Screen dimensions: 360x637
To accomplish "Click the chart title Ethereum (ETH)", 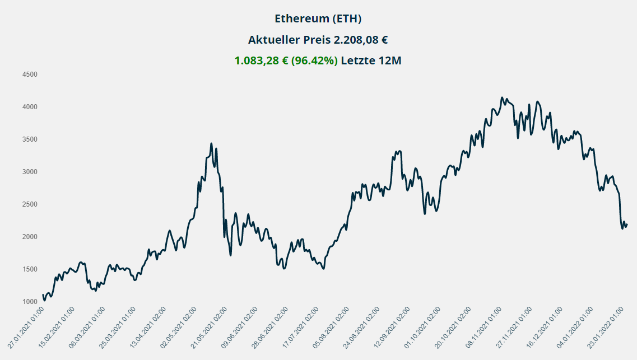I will coord(318,18).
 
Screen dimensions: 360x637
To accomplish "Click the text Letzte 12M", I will coord(371,60).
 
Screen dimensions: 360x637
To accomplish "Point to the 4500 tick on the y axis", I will coord(30,74).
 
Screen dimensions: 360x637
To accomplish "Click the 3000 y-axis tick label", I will coord(30,172).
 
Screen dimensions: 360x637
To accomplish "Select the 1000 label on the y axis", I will coord(30,302).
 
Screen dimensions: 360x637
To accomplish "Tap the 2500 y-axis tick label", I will coord(30,204).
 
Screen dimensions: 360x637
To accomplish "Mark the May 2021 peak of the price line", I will coord(211,143).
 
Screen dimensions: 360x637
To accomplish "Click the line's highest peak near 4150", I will coord(502,97).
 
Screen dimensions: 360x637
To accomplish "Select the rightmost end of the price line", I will coord(627,225).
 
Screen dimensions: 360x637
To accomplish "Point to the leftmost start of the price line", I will coord(43,294).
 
